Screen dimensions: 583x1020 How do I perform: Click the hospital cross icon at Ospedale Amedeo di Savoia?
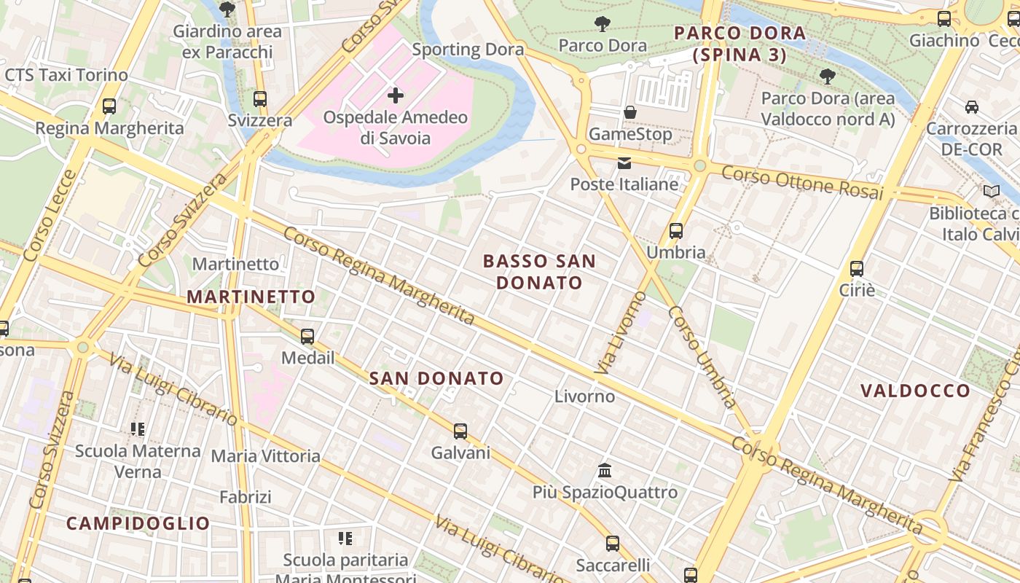[395, 95]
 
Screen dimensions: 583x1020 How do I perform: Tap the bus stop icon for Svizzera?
[260, 98]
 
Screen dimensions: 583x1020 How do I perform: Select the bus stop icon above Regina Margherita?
[109, 106]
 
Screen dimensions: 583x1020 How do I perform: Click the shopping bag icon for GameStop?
[630, 112]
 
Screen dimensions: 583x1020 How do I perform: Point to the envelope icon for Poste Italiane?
[624, 163]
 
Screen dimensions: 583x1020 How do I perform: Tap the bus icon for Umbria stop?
[676, 231]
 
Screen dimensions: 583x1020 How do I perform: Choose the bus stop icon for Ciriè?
[857, 268]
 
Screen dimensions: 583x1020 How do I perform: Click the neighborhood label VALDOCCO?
[915, 391]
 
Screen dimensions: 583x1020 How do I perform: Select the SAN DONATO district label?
[436, 378]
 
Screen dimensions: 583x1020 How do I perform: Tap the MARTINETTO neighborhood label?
[251, 297]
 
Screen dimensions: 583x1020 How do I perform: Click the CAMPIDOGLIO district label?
[138, 523]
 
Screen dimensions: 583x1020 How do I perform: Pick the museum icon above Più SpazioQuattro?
[605, 470]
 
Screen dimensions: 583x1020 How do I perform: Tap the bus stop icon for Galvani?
[460, 431]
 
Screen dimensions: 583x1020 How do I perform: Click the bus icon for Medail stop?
[307, 336]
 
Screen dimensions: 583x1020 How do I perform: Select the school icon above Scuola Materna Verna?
[138, 429]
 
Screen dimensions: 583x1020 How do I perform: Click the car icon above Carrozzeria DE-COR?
[971, 107]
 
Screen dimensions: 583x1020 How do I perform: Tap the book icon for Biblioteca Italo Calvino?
[992, 192]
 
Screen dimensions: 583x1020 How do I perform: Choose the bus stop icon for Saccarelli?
[613, 543]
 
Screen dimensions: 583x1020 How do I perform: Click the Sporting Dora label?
[468, 50]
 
